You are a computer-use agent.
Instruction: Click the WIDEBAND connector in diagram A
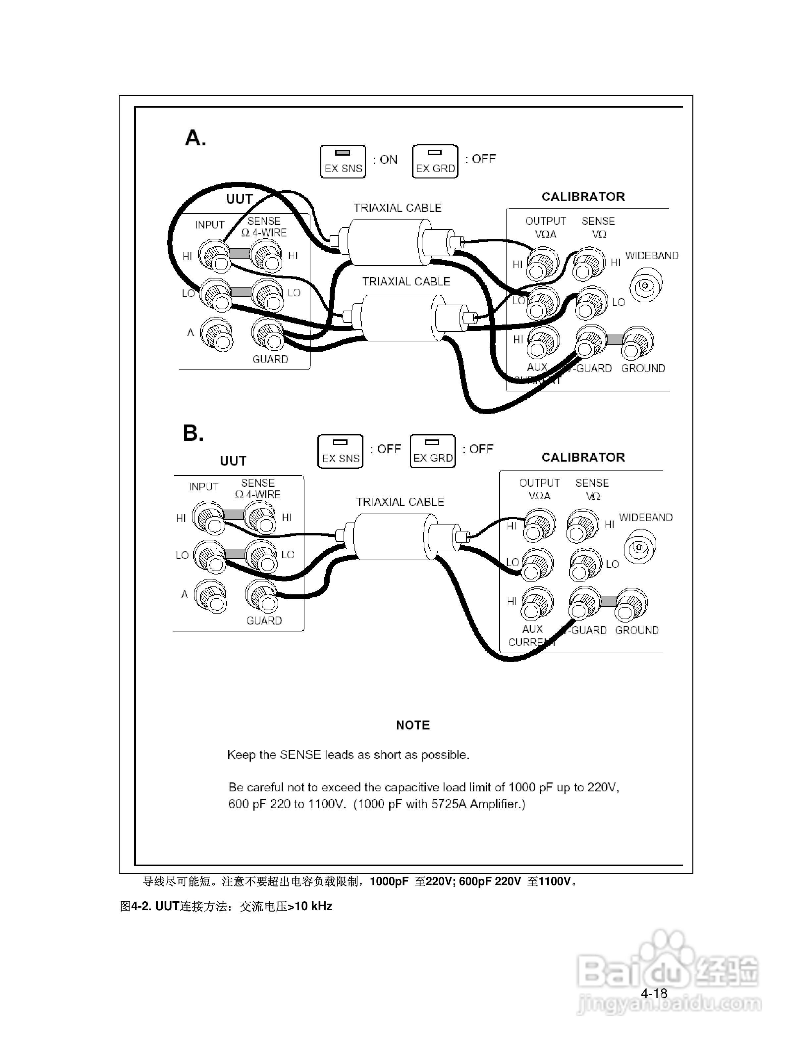click(x=646, y=286)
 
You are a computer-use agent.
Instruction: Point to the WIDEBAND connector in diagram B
click(x=639, y=547)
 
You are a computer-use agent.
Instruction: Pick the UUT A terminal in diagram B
click(x=210, y=597)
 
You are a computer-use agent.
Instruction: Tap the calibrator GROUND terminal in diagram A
click(x=637, y=342)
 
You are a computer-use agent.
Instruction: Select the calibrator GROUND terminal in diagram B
click(x=631, y=604)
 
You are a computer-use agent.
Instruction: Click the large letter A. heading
click(x=195, y=138)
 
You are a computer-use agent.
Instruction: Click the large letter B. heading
click(x=193, y=433)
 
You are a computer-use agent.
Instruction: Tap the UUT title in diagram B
click(x=233, y=461)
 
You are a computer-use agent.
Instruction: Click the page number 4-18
click(x=654, y=993)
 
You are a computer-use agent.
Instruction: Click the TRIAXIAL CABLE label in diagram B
click(x=400, y=502)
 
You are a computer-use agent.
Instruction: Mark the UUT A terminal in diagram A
click(x=216, y=334)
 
